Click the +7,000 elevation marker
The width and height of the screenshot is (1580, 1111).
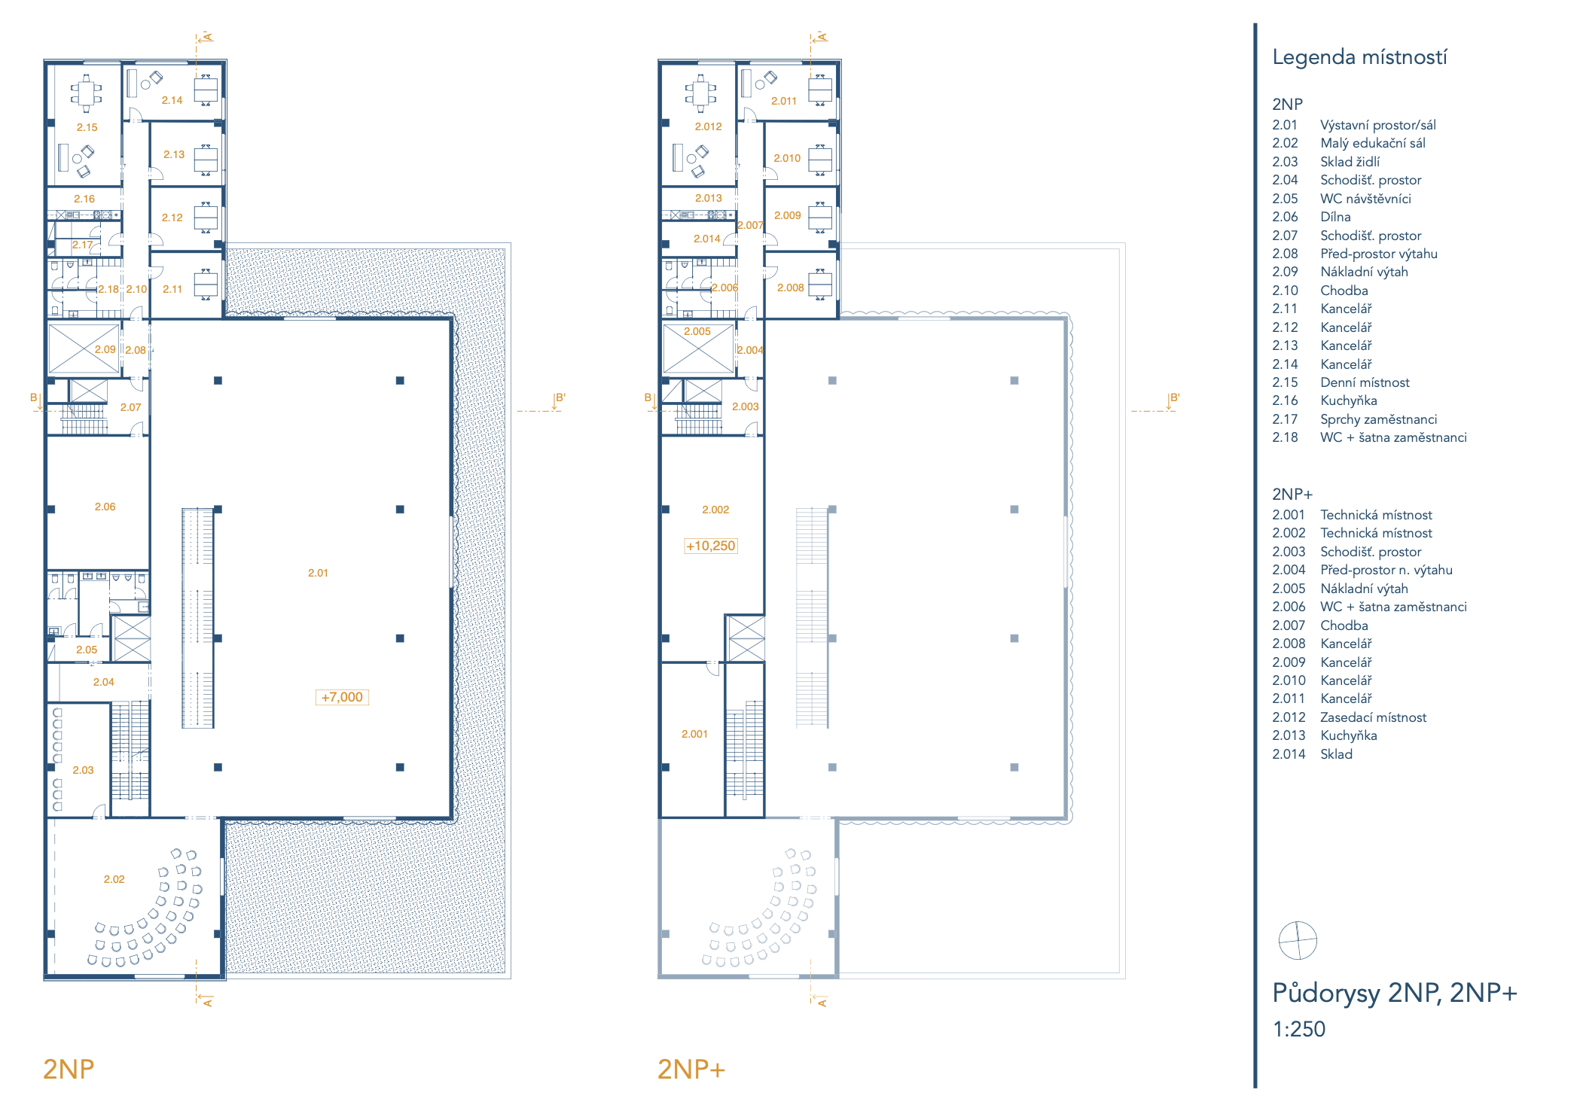(342, 697)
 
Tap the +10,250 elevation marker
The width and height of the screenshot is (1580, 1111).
(710, 546)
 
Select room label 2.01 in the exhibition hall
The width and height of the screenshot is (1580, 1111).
(318, 573)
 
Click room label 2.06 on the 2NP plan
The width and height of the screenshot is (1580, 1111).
(105, 507)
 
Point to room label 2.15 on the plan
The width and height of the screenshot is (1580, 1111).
(87, 127)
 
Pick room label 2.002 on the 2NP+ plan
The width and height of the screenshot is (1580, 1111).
(715, 510)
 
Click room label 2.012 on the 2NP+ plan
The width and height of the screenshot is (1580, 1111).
(708, 126)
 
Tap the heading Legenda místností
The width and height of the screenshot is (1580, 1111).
(1359, 57)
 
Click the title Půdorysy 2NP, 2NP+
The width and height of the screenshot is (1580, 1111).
(1394, 993)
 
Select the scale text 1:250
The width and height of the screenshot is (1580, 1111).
(1298, 1029)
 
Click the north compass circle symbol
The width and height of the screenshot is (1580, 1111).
(1298, 940)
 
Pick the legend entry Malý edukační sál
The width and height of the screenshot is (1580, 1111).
(1372, 143)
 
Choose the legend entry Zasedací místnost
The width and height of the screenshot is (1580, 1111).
(1373, 717)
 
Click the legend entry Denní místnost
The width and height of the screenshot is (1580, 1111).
(1365, 382)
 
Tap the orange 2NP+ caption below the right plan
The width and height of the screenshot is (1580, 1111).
(691, 1069)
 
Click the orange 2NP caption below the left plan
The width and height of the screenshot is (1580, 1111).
(69, 1069)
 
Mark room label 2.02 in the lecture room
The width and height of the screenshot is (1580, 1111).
(114, 879)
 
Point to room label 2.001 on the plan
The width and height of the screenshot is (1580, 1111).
(694, 734)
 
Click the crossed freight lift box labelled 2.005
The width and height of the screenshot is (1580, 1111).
(698, 349)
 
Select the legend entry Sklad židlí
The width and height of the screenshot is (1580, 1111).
(1350, 162)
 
